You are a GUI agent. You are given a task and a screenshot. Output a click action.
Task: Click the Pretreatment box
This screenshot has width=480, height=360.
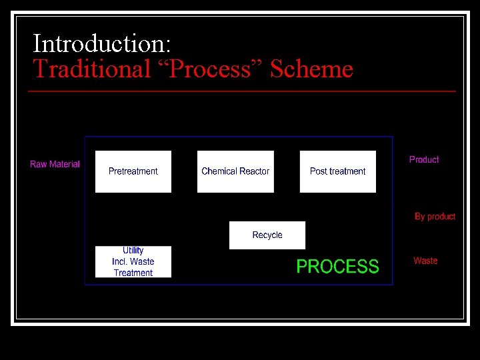pyautogui.click(x=133, y=171)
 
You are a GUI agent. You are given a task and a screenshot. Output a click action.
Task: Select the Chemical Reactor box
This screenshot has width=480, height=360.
pyautogui.click(x=235, y=171)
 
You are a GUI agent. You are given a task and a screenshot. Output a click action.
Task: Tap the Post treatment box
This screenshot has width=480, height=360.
pyautogui.click(x=337, y=171)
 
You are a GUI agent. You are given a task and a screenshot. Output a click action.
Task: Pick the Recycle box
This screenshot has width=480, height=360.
pyautogui.click(x=267, y=235)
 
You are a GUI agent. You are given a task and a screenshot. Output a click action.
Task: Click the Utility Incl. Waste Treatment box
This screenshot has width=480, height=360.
pyautogui.click(x=133, y=261)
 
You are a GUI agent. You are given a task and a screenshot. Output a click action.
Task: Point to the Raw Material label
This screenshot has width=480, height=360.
pyautogui.click(x=55, y=165)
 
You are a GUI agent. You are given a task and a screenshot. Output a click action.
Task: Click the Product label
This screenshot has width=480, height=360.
pyautogui.click(x=424, y=160)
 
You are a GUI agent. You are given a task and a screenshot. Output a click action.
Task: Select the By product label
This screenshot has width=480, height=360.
pyautogui.click(x=435, y=217)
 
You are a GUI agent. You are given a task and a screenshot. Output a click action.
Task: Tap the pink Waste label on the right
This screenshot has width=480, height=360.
pyautogui.click(x=425, y=261)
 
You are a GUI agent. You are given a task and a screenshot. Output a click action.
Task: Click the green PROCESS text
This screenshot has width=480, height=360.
pyautogui.click(x=337, y=267)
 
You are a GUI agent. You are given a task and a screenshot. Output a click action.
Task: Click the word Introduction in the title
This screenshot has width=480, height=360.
pyautogui.click(x=102, y=44)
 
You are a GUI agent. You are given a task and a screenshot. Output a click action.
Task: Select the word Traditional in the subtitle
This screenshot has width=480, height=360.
pyautogui.click(x=93, y=69)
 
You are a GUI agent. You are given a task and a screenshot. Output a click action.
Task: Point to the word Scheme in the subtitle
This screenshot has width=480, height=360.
pyautogui.click(x=311, y=69)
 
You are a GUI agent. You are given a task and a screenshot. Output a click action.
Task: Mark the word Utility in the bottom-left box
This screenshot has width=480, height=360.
pyautogui.click(x=133, y=251)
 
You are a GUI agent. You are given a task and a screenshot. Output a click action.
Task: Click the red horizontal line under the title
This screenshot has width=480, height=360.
pyautogui.click(x=243, y=91)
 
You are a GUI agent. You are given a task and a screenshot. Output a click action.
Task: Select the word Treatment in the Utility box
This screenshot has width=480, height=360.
pyautogui.click(x=133, y=273)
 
